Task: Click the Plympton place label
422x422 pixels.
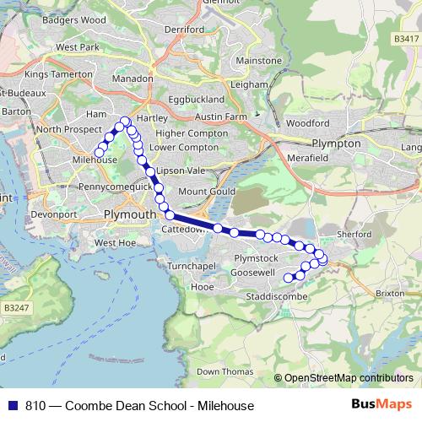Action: point(336,143)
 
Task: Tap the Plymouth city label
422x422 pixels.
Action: point(129,215)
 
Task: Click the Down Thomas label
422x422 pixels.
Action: point(225,371)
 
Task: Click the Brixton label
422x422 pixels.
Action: point(389,293)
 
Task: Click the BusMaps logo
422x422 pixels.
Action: point(376,405)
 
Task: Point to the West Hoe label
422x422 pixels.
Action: point(115,243)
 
